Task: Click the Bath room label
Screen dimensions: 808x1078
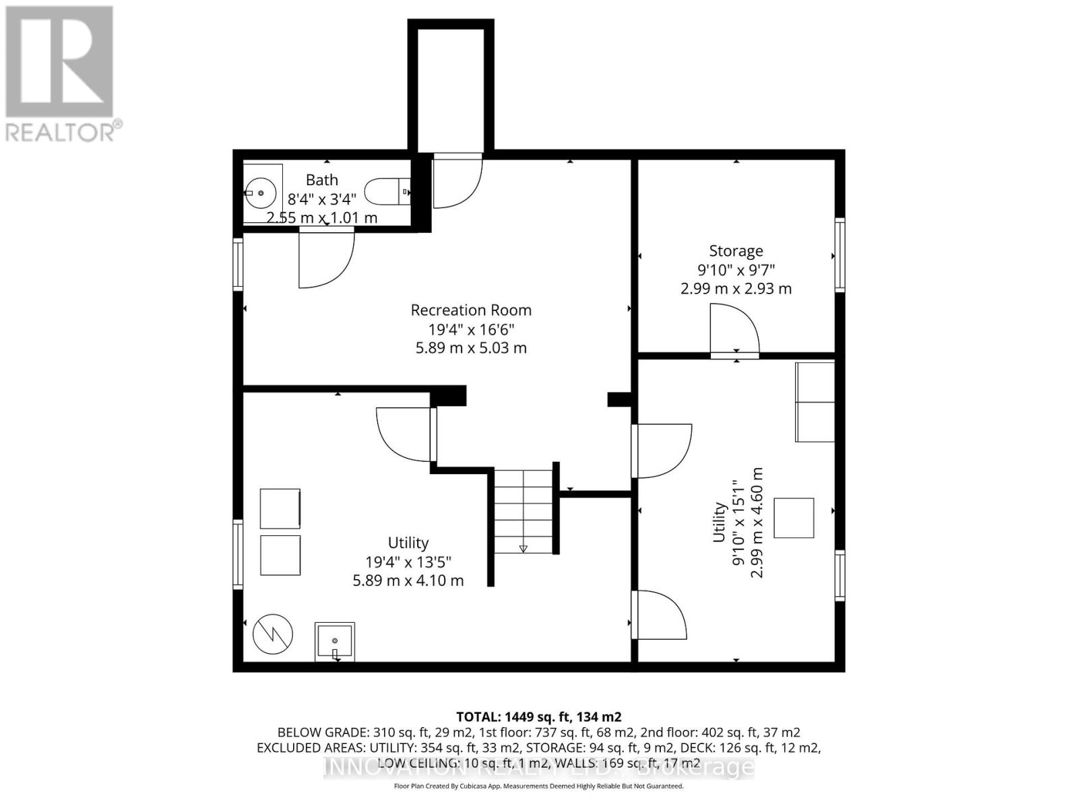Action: click(x=322, y=180)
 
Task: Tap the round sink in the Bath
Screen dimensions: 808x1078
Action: click(x=260, y=193)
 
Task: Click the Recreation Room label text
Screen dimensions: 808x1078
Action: click(x=471, y=310)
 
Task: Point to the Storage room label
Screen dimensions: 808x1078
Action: click(x=736, y=251)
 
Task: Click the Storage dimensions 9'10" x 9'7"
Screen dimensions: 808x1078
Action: click(x=736, y=270)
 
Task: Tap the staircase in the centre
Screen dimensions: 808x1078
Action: click(x=524, y=512)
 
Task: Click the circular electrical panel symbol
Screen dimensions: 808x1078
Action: click(x=273, y=634)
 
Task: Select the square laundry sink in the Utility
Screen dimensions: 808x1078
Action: click(x=335, y=642)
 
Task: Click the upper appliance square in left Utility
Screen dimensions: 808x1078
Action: click(x=280, y=509)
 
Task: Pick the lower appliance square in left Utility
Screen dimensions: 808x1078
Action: click(x=280, y=555)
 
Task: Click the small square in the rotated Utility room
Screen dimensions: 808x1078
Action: click(x=794, y=518)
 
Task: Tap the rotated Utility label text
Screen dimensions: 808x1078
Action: click(x=720, y=522)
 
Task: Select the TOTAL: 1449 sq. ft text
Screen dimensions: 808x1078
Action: click(x=538, y=716)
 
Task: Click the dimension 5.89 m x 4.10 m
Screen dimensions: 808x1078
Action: click(x=408, y=580)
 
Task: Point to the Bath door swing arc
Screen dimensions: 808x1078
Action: click(x=328, y=259)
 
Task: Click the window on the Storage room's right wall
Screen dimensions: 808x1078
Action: click(x=839, y=255)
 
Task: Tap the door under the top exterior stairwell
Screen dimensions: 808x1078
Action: click(x=457, y=180)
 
